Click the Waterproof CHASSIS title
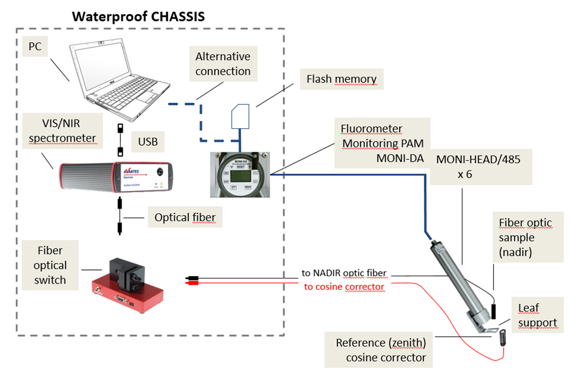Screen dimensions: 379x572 [x=138, y=16]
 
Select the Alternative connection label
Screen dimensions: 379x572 [x=223, y=64]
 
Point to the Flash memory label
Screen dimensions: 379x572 [x=341, y=79]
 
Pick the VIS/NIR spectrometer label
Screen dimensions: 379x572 [x=63, y=131]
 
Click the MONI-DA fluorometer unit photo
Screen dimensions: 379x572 [x=240, y=173]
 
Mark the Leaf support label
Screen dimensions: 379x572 [x=537, y=315]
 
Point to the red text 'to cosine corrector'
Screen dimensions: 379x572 [x=344, y=286]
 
